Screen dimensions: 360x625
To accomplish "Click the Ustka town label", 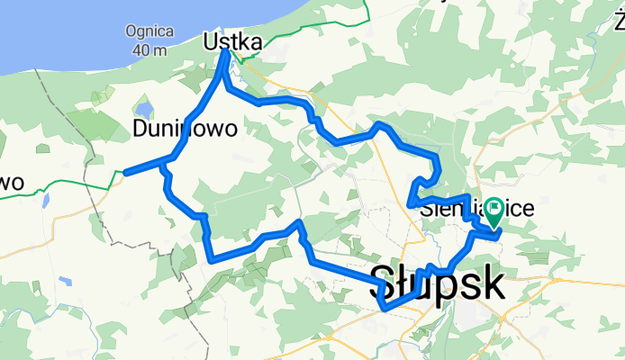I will point(233,42).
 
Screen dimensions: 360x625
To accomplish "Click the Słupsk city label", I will point(438,283).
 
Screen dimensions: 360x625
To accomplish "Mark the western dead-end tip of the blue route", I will point(126,172).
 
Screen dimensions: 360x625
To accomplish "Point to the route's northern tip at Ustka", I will point(224,52).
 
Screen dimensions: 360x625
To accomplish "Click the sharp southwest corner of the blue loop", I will point(213,260).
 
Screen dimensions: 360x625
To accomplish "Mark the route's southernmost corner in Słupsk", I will point(385,309).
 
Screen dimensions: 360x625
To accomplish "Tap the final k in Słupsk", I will point(493,283).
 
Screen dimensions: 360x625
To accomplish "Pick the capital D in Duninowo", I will point(140,129).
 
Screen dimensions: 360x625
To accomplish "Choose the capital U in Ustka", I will point(212,42).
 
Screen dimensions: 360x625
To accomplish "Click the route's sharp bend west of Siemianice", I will point(412,203).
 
